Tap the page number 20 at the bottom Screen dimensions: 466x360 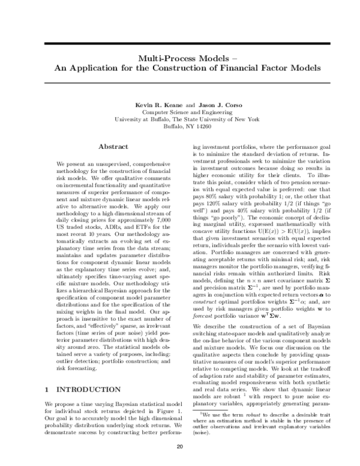click(x=179, y=447)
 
